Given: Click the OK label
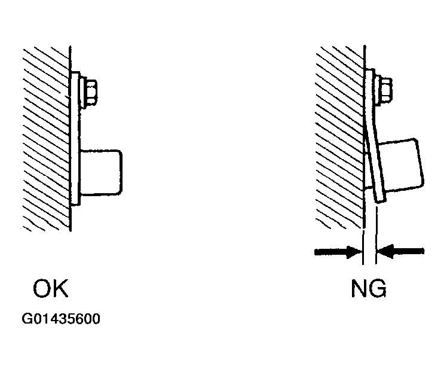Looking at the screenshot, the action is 51,288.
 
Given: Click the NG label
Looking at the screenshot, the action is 369,288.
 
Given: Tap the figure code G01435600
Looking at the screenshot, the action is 61,319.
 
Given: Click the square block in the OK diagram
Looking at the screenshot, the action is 101,172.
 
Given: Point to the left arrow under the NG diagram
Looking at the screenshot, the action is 338,252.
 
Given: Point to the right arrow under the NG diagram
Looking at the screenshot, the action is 400,251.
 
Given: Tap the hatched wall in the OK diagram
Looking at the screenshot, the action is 45,138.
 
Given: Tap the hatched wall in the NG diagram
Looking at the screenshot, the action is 339,137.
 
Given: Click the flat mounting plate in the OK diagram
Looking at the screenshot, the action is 75,138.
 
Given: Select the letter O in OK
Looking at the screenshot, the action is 42,288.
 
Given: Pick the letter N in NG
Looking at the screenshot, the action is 359,288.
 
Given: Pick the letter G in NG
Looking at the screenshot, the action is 378,288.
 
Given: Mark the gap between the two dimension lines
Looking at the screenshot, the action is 370,252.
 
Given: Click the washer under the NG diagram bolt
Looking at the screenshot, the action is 378,90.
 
